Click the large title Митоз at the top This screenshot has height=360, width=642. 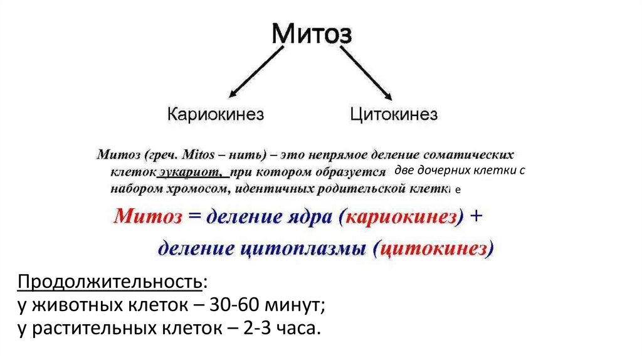coord(311,34)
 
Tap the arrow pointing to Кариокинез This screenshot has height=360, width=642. coord(254,73)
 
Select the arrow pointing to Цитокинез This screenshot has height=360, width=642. coord(367,73)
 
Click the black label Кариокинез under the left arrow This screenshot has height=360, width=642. coord(216,114)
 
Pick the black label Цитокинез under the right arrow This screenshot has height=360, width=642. coord(394,114)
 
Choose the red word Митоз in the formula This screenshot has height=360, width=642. coord(149,218)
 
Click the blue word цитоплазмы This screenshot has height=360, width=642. coord(304,249)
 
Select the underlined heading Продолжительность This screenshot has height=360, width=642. coord(110,282)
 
